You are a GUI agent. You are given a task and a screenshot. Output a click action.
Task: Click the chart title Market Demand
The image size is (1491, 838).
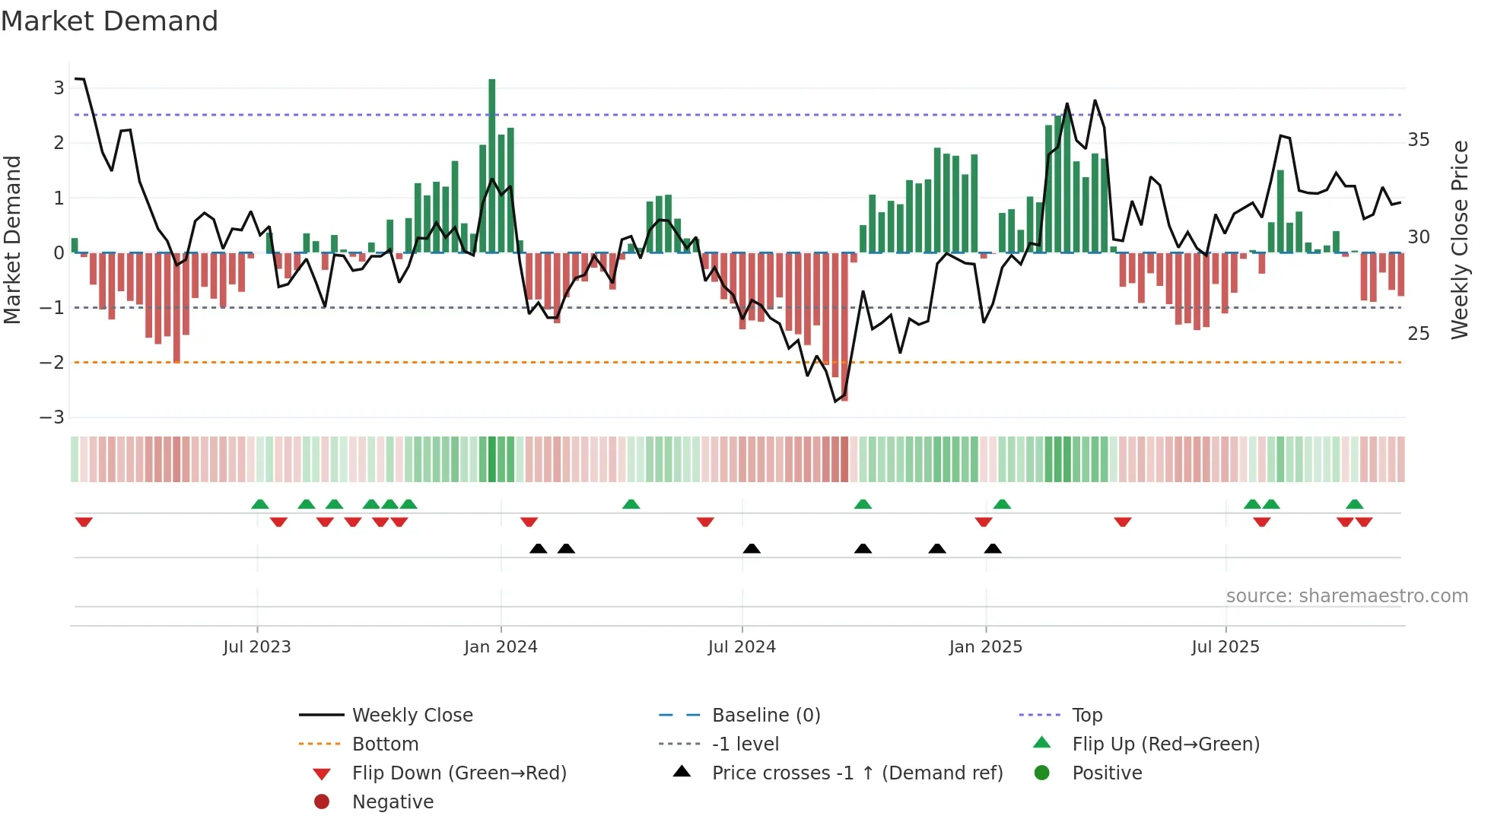pyautogui.click(x=110, y=21)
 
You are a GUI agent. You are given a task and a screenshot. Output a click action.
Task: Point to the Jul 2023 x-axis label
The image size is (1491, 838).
pyautogui.click(x=257, y=647)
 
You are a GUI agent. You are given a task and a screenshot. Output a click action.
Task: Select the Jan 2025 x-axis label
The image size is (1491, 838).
pyautogui.click(x=986, y=647)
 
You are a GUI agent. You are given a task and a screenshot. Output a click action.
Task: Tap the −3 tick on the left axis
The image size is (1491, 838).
pyautogui.click(x=52, y=417)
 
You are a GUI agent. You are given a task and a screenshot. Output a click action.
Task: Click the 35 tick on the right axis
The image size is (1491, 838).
pyautogui.click(x=1419, y=140)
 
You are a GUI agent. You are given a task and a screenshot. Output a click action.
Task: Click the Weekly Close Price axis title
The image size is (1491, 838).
pyautogui.click(x=1460, y=240)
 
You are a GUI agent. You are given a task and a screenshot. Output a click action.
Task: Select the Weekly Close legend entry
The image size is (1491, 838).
pyautogui.click(x=412, y=716)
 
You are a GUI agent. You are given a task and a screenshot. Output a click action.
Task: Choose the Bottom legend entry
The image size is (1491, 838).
pyautogui.click(x=385, y=744)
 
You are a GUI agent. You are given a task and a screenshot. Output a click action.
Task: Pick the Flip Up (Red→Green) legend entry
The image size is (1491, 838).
pyautogui.click(x=1165, y=744)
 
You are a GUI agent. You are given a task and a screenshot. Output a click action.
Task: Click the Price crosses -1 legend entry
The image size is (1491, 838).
pyautogui.click(x=857, y=773)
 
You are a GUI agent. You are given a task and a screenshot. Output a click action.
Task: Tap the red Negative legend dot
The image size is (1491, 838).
pyautogui.click(x=322, y=802)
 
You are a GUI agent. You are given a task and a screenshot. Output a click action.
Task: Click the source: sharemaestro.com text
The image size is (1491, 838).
pyautogui.click(x=1346, y=596)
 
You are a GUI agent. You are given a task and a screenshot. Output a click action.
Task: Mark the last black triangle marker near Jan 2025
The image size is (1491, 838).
pyautogui.click(x=993, y=549)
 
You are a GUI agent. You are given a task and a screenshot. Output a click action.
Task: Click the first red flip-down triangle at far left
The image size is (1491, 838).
pyautogui.click(x=84, y=522)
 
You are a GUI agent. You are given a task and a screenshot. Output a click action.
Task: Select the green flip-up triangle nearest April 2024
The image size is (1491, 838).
pyautogui.click(x=631, y=504)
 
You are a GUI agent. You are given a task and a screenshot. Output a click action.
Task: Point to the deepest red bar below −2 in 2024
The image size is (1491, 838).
pyautogui.click(x=844, y=327)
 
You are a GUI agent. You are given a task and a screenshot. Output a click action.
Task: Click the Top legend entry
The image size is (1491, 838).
pyautogui.click(x=1087, y=716)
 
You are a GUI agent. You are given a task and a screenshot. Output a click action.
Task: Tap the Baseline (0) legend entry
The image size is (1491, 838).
pyautogui.click(x=766, y=716)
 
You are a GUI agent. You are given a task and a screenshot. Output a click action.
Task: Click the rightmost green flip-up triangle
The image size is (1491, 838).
pyautogui.click(x=1354, y=504)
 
